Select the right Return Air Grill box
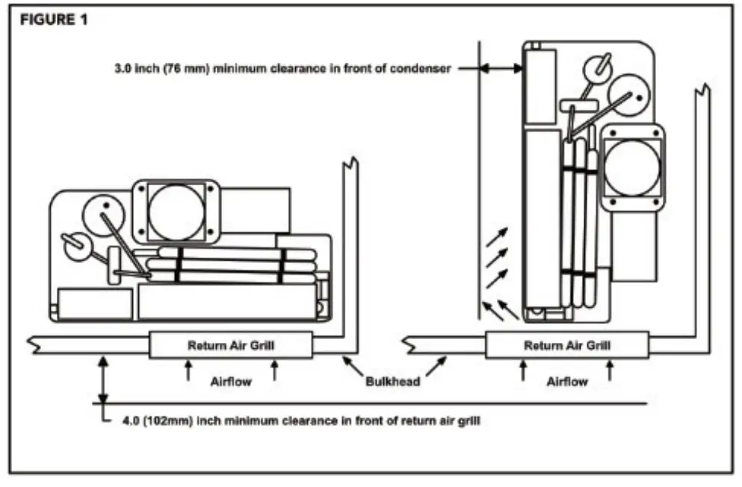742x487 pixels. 566,345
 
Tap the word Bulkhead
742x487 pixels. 392,381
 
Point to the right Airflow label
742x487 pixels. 566,381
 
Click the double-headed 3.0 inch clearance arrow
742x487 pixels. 501,69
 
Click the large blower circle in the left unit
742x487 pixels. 176,211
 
